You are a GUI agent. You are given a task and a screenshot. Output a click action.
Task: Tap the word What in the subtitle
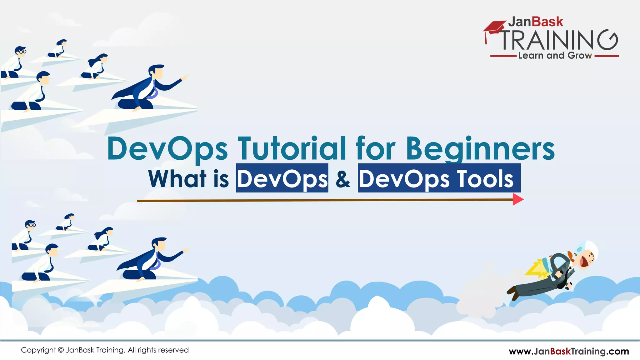pos(177,179)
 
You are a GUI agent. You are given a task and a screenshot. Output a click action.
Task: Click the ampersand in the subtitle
pos(343,179)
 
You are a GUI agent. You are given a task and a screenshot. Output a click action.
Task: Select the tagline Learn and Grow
pos(555,56)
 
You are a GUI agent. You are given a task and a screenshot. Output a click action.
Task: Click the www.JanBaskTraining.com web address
pos(569,351)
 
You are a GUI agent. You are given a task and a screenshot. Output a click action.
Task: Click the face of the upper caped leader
pos(158,72)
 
